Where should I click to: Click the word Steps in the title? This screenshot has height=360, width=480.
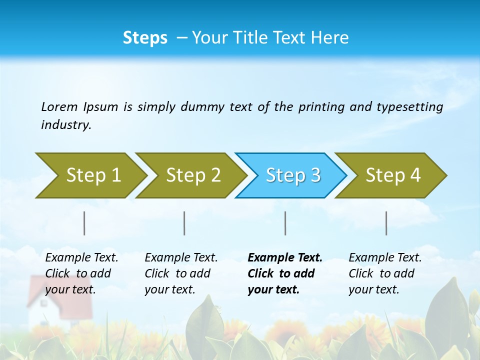coord(145,38)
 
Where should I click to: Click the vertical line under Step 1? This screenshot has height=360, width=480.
coord(84,223)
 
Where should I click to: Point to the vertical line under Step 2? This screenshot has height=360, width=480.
coord(184,223)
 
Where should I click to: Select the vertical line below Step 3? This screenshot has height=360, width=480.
coord(285,223)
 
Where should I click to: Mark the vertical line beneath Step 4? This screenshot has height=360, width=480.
coord(386,223)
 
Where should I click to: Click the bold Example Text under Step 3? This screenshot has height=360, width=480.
coord(285,273)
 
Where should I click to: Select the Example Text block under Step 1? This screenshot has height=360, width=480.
coord(81,273)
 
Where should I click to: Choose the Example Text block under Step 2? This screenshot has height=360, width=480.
coord(181,273)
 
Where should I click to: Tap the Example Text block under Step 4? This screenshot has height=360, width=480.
coord(385,273)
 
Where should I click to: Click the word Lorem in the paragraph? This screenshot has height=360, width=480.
coord(59,107)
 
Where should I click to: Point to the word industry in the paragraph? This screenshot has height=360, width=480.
coord(66,125)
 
